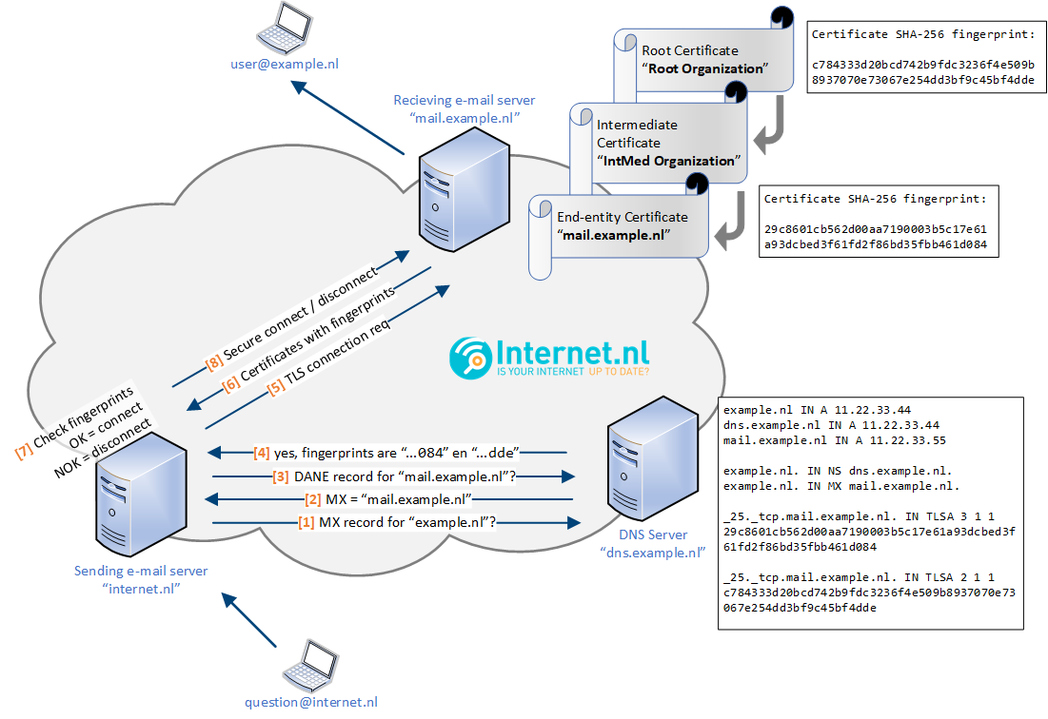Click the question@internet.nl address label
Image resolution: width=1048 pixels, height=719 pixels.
click(x=310, y=702)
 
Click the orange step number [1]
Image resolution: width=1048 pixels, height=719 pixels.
click(x=306, y=522)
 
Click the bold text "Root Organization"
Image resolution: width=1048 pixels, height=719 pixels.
click(x=704, y=68)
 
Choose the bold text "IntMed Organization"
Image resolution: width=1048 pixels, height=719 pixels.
click(x=667, y=161)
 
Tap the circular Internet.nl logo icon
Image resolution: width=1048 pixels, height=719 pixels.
click(x=471, y=359)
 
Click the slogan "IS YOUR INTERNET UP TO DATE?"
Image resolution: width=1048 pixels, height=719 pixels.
click(x=574, y=373)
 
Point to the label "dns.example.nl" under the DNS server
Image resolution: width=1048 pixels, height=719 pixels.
click(x=652, y=551)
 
